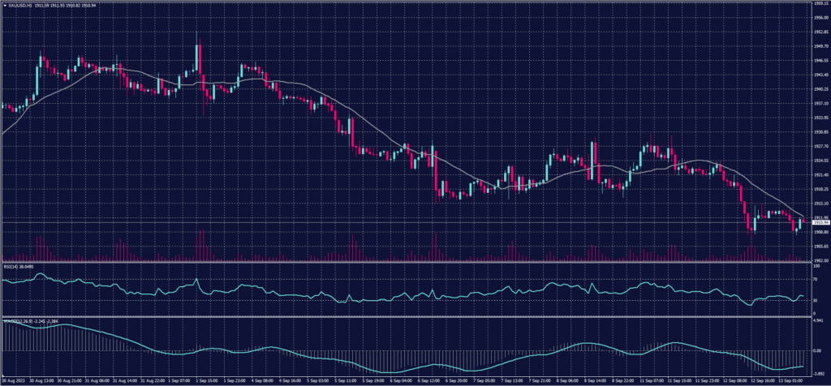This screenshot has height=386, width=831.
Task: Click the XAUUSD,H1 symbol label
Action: click(18, 5)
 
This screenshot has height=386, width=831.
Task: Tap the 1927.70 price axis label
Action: click(821, 147)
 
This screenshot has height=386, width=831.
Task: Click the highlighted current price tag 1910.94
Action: click(821, 222)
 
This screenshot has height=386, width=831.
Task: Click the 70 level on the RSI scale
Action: click(816, 280)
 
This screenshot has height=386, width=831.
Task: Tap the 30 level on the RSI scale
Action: click(816, 301)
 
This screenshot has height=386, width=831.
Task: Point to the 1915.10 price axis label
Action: click(821, 204)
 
